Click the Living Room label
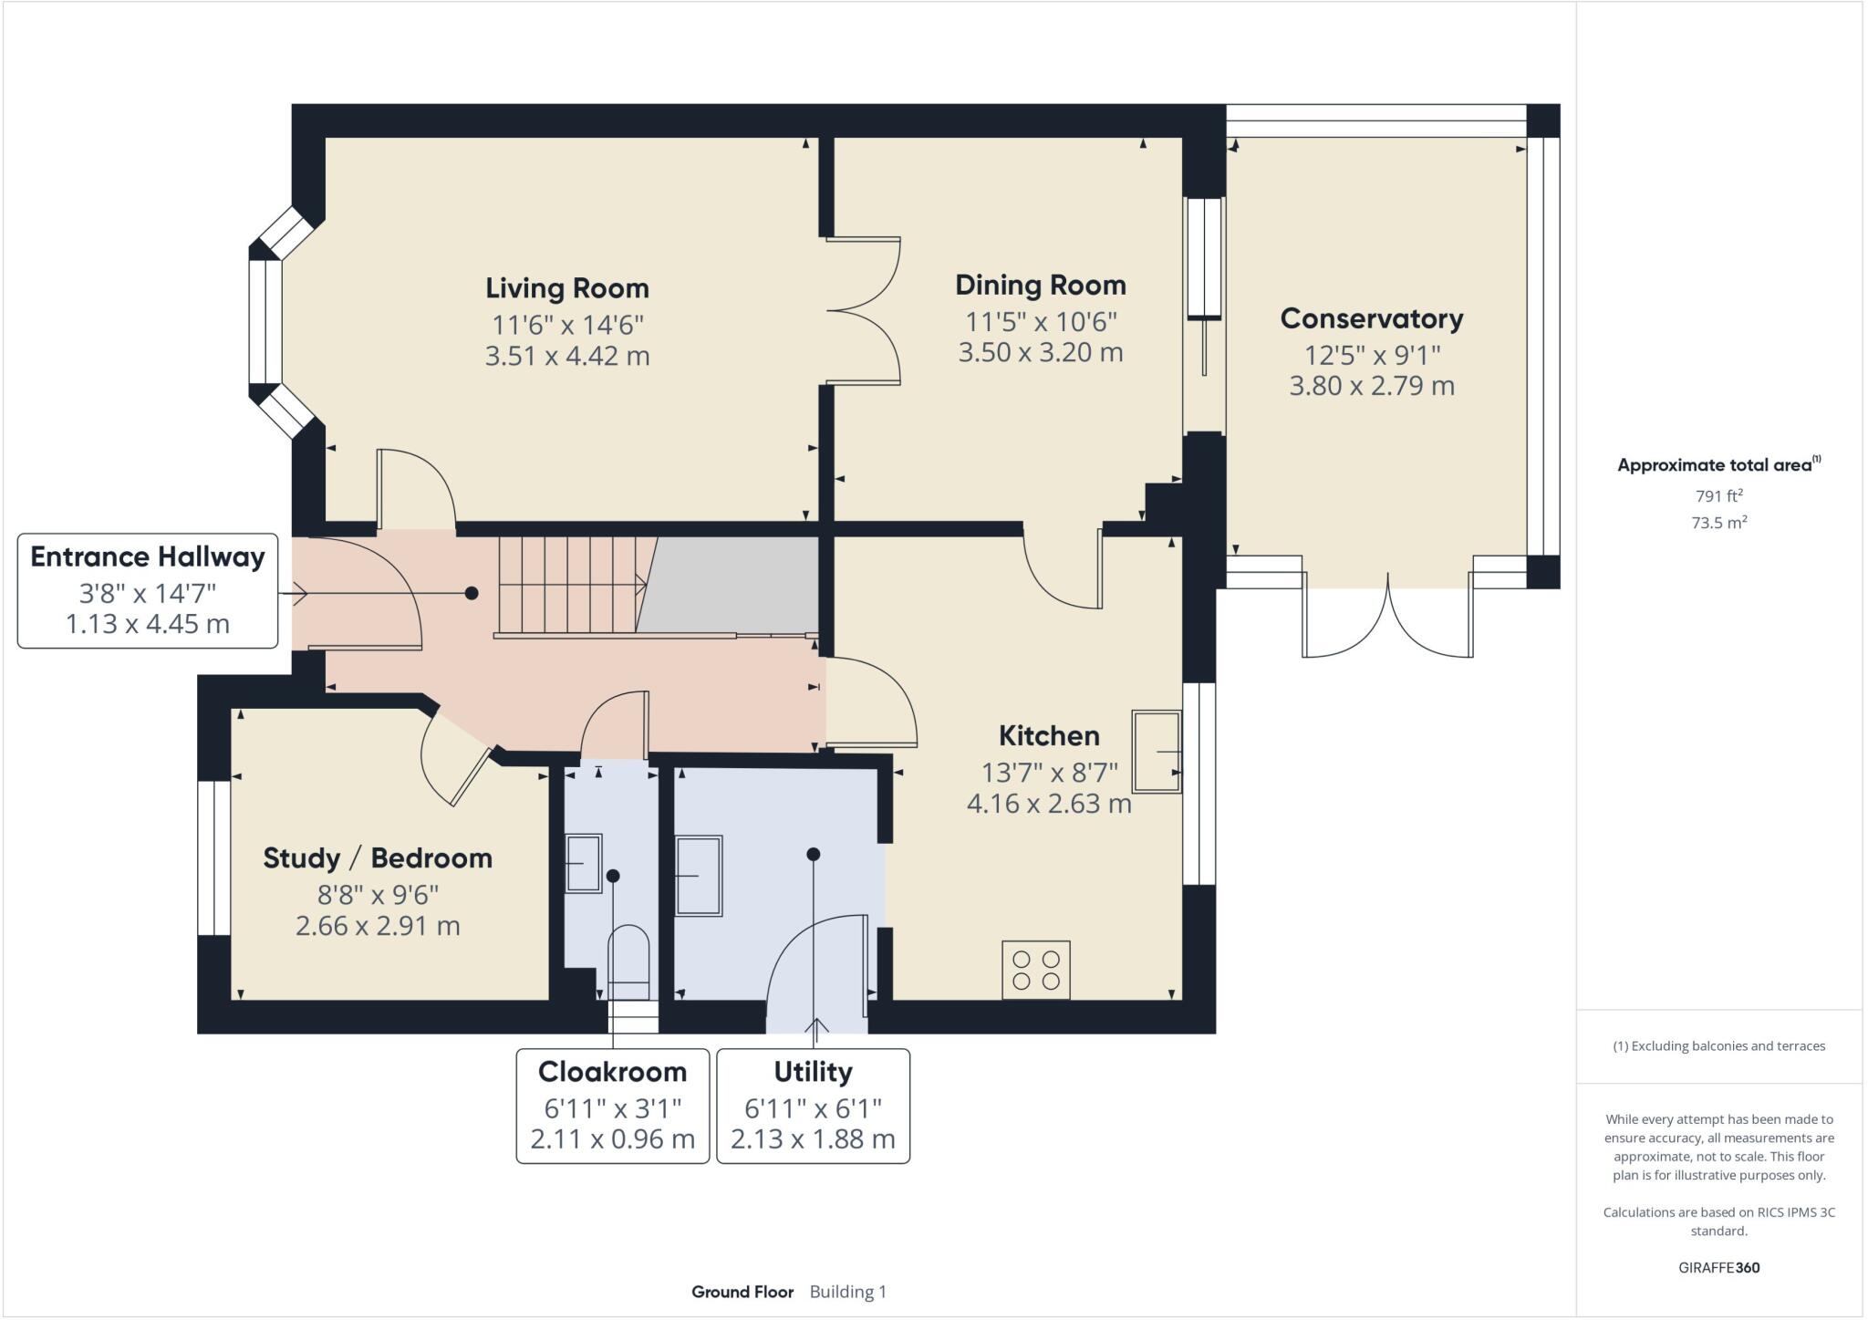tap(566, 288)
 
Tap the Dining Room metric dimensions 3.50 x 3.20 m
tap(1040, 352)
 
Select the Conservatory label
tap(1371, 318)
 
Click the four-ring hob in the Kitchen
tap(1036, 970)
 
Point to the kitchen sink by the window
tap(1156, 751)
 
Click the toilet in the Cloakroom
tap(628, 962)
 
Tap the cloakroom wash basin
tap(584, 862)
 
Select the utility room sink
tap(699, 875)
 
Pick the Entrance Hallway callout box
tap(148, 590)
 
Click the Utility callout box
tap(813, 1106)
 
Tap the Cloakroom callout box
tap(612, 1106)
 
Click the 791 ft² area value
tap(1718, 496)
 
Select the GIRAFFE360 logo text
tap(1718, 1267)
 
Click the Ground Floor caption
tap(742, 1292)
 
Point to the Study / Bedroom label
tap(378, 858)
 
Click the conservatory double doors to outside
tap(1386, 620)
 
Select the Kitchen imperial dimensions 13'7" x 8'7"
tap(1049, 773)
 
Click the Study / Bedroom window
tap(214, 857)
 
